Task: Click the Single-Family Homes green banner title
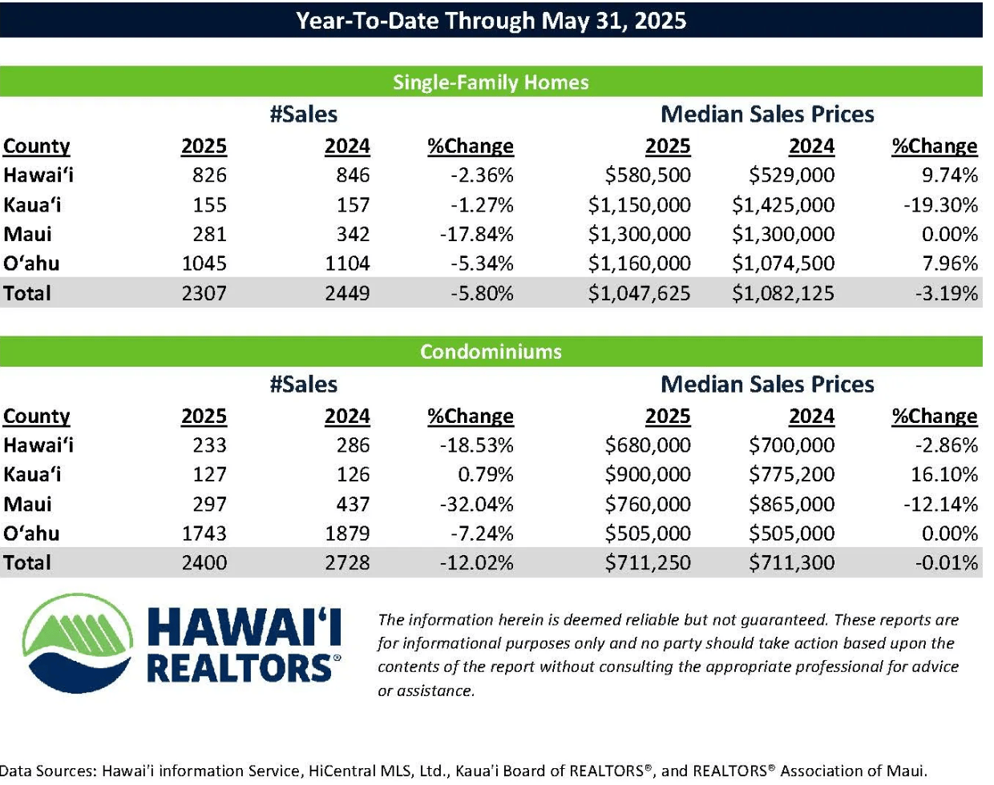tap(491, 83)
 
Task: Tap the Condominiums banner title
tap(491, 352)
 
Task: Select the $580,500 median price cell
tap(648, 175)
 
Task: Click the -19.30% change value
tap(940, 204)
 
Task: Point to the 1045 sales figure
tap(204, 264)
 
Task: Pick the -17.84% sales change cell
tap(476, 234)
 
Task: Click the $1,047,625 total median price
tap(639, 293)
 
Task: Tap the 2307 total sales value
tap(204, 293)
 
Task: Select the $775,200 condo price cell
tap(792, 474)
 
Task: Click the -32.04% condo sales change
tap(476, 504)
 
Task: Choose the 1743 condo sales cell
tap(204, 533)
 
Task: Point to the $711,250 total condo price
tap(648, 562)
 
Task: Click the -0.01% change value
tap(947, 562)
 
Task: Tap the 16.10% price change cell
tap(944, 474)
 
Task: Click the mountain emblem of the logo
tap(78, 643)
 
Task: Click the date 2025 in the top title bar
tap(661, 20)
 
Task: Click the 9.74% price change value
tap(950, 175)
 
